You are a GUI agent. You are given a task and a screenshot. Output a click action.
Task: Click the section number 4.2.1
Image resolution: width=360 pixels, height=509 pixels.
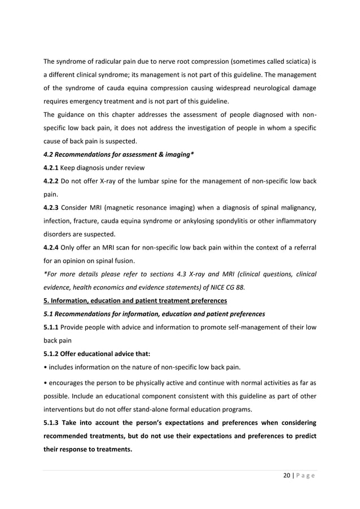pos(52,168)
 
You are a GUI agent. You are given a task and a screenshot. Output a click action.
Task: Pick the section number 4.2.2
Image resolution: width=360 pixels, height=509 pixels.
pos(52,182)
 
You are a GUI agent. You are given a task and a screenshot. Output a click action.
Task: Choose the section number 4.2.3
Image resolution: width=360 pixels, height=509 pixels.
pos(52,209)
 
